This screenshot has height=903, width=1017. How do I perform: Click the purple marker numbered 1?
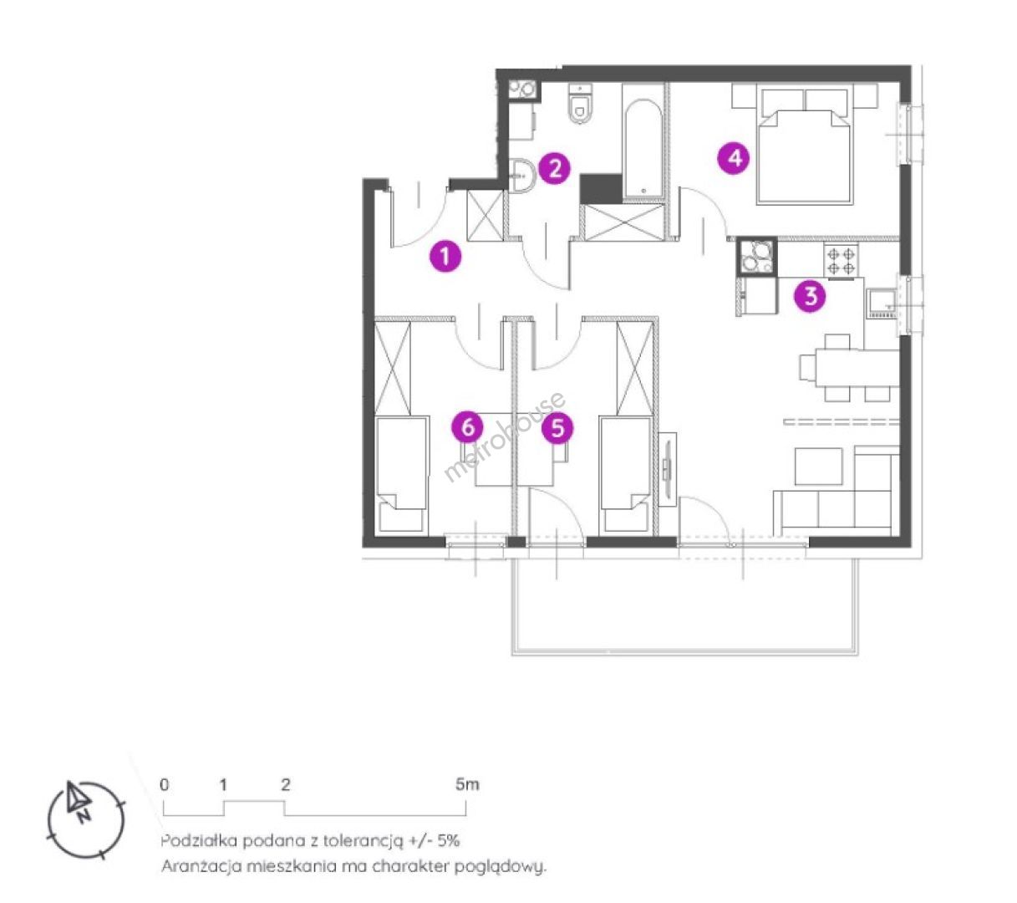click(x=445, y=256)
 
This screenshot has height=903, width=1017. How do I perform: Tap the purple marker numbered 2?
click(x=554, y=169)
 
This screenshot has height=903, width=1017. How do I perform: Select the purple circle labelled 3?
click(x=810, y=296)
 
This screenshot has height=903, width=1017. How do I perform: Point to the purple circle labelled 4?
click(x=734, y=158)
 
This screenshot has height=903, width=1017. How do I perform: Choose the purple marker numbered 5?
click(x=557, y=428)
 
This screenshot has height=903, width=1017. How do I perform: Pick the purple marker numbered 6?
click(x=467, y=427)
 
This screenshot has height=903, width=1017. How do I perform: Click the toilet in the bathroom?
click(x=580, y=103)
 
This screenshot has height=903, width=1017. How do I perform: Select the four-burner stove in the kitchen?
click(x=841, y=260)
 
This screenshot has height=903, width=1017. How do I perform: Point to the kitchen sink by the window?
click(x=882, y=304)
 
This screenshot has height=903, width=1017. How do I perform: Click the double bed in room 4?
click(x=805, y=145)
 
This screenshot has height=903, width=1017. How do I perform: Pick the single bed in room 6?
click(x=402, y=473)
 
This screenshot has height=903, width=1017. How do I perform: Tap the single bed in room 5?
click(x=626, y=473)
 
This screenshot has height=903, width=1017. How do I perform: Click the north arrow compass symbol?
click(x=85, y=819)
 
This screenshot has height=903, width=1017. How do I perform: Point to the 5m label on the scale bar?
click(x=467, y=784)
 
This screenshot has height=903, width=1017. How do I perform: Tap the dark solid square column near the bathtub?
click(x=600, y=189)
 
